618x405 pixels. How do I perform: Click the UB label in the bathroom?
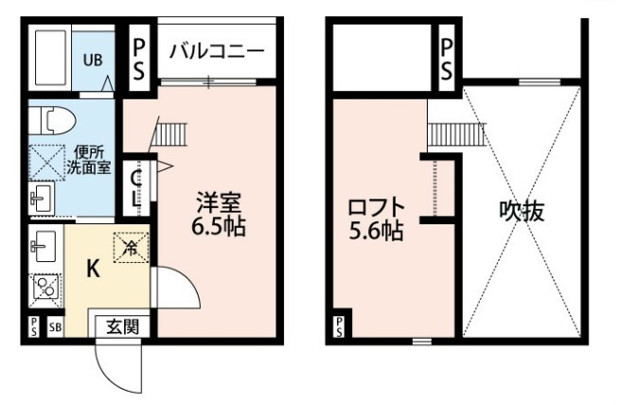[x=93, y=60]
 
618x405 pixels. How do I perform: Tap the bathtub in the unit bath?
[x=50, y=58]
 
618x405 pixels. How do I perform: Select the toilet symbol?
[x=52, y=120]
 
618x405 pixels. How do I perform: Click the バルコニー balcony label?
[x=217, y=51]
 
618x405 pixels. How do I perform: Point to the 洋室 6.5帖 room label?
[x=219, y=214]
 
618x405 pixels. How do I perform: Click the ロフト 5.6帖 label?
[x=376, y=219]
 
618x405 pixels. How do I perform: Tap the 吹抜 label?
[x=521, y=211]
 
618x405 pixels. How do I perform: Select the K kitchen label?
[x=93, y=270]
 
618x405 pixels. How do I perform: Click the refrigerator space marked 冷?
[x=132, y=247]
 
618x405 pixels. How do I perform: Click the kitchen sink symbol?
[x=43, y=246]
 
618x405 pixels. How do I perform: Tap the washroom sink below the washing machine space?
[x=42, y=198]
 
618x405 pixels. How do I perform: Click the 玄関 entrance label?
[x=123, y=326]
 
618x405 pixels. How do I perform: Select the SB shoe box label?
[x=56, y=327]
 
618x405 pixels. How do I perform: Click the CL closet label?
[x=136, y=188]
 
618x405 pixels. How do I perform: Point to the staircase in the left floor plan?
[x=170, y=134]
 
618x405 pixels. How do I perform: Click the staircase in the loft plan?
[x=455, y=134]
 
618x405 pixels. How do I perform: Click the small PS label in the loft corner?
[x=339, y=327]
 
